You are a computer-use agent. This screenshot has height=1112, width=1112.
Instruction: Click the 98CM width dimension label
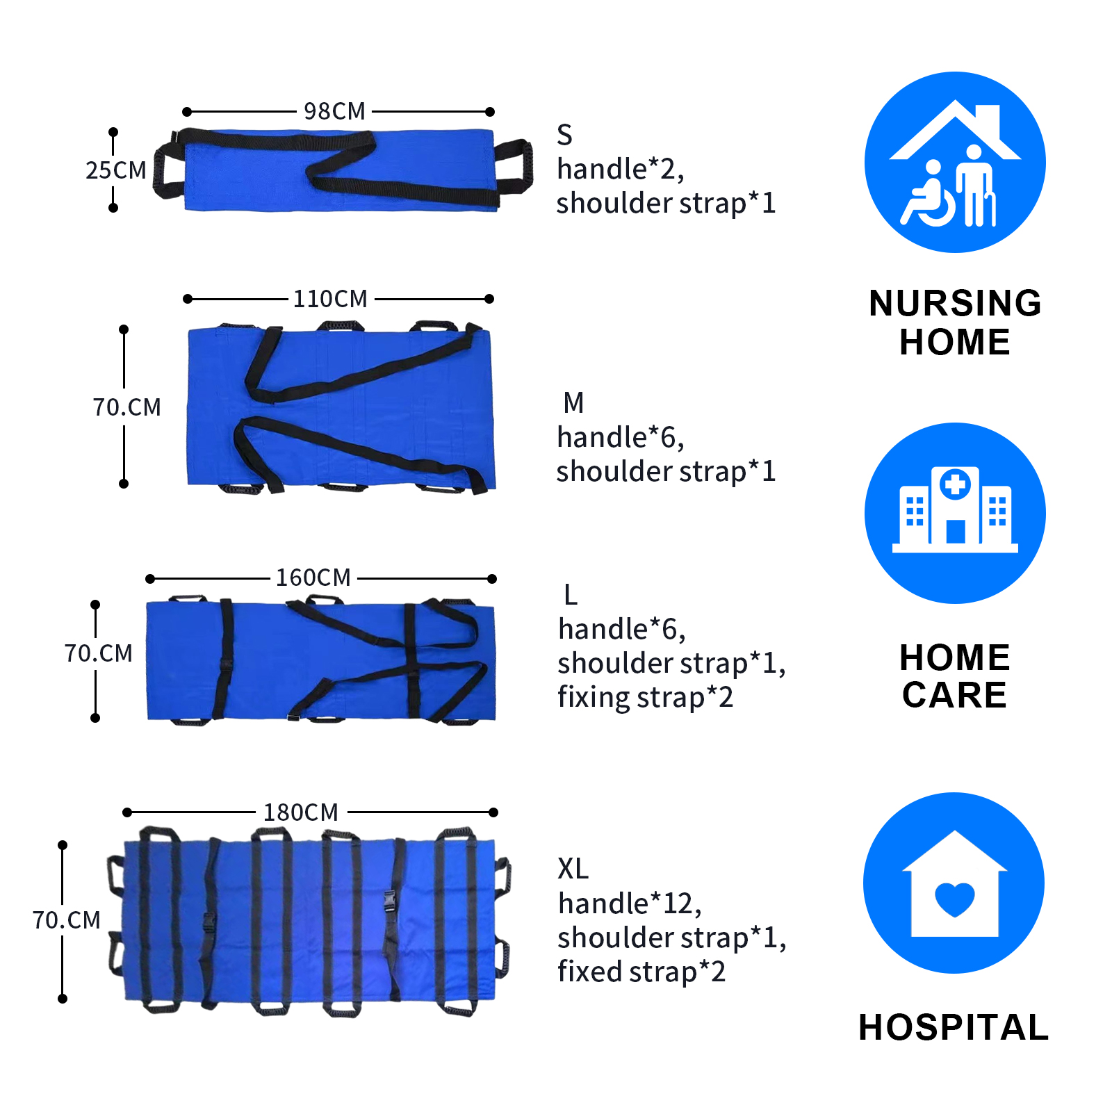click(x=334, y=111)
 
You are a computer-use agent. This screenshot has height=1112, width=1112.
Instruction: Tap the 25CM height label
click(x=116, y=170)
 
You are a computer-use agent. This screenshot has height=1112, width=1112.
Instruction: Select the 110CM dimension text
click(x=330, y=299)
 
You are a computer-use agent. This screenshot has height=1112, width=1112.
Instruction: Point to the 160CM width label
click(x=313, y=578)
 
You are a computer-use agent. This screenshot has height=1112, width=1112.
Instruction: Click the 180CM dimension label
click(x=301, y=812)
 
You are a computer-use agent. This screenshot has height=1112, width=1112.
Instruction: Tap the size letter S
click(x=565, y=135)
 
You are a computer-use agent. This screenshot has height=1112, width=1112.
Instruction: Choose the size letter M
click(x=574, y=403)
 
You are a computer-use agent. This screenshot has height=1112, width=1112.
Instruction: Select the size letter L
click(x=571, y=595)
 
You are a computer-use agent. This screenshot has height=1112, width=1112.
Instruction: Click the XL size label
click(x=573, y=869)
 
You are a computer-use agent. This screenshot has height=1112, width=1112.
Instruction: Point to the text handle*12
click(x=630, y=903)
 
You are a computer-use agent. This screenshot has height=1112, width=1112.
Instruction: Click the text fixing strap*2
click(x=646, y=697)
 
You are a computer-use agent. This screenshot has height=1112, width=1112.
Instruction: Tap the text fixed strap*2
click(x=641, y=972)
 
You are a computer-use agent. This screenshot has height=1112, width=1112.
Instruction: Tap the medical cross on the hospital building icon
click(x=956, y=484)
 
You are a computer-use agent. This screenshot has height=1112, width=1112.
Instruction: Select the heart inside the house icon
click(x=955, y=899)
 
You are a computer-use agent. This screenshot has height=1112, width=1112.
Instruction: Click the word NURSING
click(x=956, y=304)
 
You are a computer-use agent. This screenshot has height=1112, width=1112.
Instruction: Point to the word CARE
click(x=955, y=695)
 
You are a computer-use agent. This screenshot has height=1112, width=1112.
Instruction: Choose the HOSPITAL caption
click(x=954, y=1027)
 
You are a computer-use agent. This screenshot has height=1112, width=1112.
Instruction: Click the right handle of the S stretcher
click(x=514, y=167)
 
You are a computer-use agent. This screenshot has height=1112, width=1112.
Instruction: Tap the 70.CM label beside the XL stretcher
click(x=67, y=920)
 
